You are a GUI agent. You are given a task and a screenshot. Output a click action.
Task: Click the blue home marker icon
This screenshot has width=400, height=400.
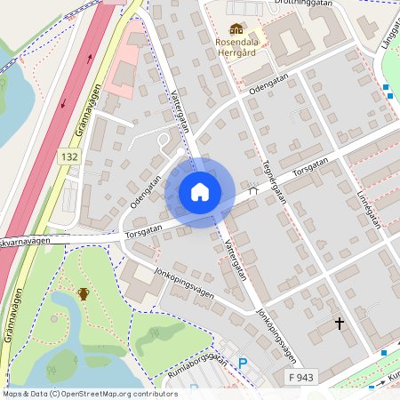pos(200,192)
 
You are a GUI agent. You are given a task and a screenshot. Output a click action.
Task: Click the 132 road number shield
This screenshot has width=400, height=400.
pos(70,156)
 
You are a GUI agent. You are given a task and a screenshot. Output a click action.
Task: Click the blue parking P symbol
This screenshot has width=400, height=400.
pos(242,363)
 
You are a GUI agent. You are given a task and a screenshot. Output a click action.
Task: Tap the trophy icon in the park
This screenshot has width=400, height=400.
pos(84,292)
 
